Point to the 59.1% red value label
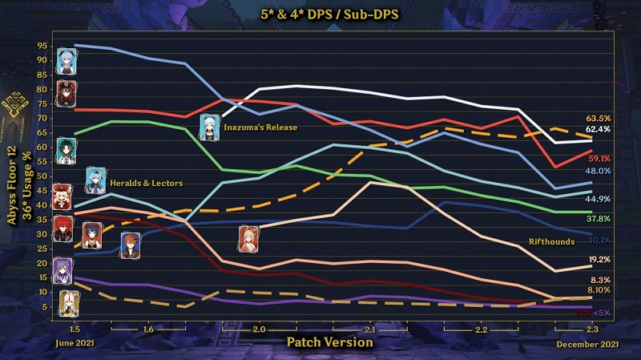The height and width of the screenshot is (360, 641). pyautogui.click(x=599, y=159)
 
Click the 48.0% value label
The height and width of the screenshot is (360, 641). pyautogui.click(x=599, y=172)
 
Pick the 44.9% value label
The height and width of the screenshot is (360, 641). pyautogui.click(x=599, y=199)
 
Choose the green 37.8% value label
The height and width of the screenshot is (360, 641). pyautogui.click(x=599, y=218)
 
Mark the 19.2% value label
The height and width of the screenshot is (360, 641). pyautogui.click(x=599, y=260)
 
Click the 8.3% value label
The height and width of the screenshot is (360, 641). pyautogui.click(x=599, y=280)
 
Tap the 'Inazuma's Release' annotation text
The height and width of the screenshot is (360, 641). pyautogui.click(x=260, y=127)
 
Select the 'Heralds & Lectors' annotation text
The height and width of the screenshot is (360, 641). pyautogui.click(x=146, y=184)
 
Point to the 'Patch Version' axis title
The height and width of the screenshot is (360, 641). pyautogui.click(x=329, y=342)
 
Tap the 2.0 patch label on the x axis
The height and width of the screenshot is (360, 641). pyautogui.click(x=259, y=330)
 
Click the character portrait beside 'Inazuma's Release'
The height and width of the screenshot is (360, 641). pyautogui.click(x=210, y=127)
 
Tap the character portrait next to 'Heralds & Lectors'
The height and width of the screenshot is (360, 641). pyautogui.click(x=95, y=181)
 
